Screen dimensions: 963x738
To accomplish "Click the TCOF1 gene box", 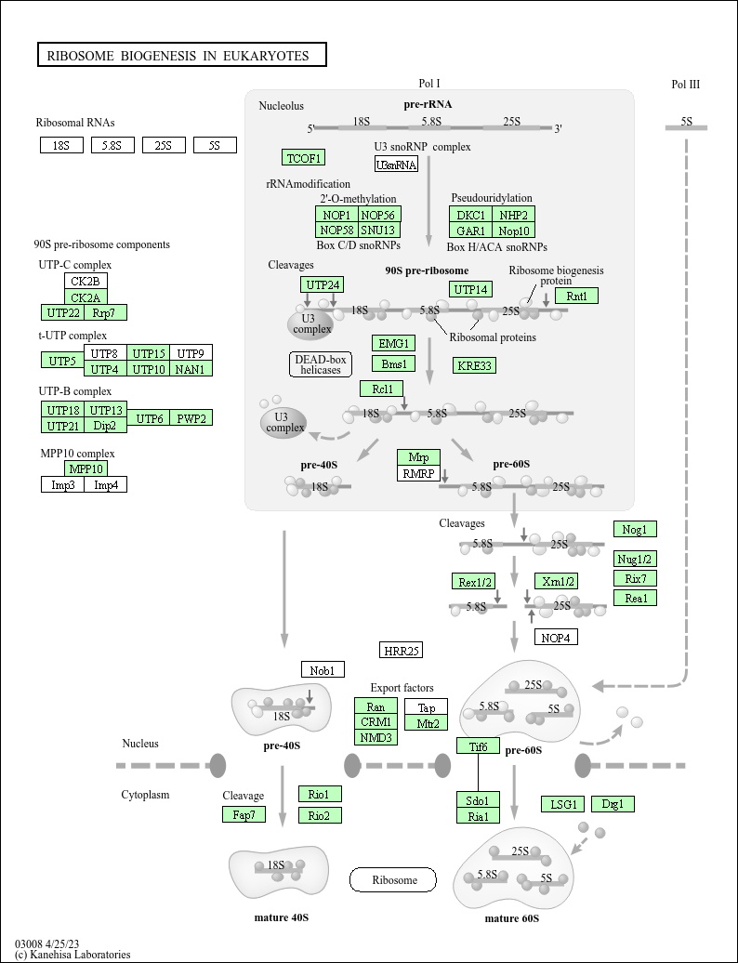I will [x=303, y=157].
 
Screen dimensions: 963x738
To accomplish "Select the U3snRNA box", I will [x=396, y=165].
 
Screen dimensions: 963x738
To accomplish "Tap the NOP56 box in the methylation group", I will [x=379, y=215].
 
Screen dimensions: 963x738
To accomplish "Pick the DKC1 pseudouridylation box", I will [x=471, y=215].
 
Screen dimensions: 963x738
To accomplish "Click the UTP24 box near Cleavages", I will [x=323, y=284].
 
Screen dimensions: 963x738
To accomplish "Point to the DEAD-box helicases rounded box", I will [x=317, y=364].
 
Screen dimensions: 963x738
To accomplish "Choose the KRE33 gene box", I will [x=475, y=365].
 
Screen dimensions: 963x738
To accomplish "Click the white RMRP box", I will [x=417, y=473].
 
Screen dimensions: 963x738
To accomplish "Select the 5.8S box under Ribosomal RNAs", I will [x=112, y=145].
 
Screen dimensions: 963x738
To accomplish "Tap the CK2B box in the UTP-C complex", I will [x=86, y=281].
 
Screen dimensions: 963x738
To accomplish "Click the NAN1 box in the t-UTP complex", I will [x=191, y=369].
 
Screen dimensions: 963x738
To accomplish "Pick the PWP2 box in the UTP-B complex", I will [x=191, y=418].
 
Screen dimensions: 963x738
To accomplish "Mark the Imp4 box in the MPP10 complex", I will [x=106, y=484].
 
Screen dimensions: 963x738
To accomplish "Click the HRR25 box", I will [x=402, y=650].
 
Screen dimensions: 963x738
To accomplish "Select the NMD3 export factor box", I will [x=376, y=737].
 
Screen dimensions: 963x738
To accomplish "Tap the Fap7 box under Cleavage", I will [x=244, y=814].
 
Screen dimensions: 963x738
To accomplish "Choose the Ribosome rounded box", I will [x=392, y=879].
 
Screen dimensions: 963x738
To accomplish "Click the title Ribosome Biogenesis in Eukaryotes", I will [x=181, y=56].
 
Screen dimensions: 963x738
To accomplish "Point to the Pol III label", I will [x=685, y=85].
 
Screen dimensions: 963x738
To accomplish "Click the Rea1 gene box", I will [x=636, y=598].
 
